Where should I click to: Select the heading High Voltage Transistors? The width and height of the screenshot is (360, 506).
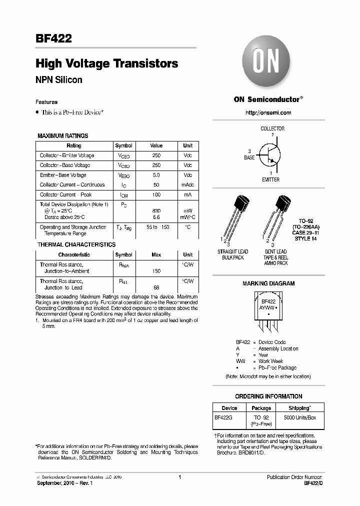tap(106, 63)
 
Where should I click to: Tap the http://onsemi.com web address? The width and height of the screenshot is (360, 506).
tap(268, 112)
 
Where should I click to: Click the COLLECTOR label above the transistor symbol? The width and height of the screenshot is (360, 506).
tap(272, 128)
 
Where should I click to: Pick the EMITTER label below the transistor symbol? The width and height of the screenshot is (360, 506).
tap(270, 179)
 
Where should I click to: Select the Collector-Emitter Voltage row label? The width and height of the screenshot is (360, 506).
tap(67, 155)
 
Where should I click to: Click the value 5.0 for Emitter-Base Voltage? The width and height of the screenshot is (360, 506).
tap(156, 175)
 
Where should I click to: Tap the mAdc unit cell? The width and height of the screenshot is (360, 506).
tap(187, 185)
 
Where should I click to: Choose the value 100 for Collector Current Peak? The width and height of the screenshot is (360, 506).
tap(156, 195)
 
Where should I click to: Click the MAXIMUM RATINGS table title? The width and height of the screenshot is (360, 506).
tap(63, 135)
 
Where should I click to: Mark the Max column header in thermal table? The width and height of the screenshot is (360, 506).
tap(156, 255)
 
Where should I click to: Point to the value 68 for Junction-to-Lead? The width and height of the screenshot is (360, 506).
tap(156, 287)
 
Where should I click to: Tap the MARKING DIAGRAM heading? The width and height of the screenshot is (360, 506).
tap(268, 283)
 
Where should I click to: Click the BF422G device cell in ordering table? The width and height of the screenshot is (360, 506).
tap(224, 417)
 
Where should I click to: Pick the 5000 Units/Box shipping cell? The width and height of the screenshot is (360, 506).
tap(300, 417)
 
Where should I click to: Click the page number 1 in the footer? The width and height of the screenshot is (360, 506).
tap(179, 477)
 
